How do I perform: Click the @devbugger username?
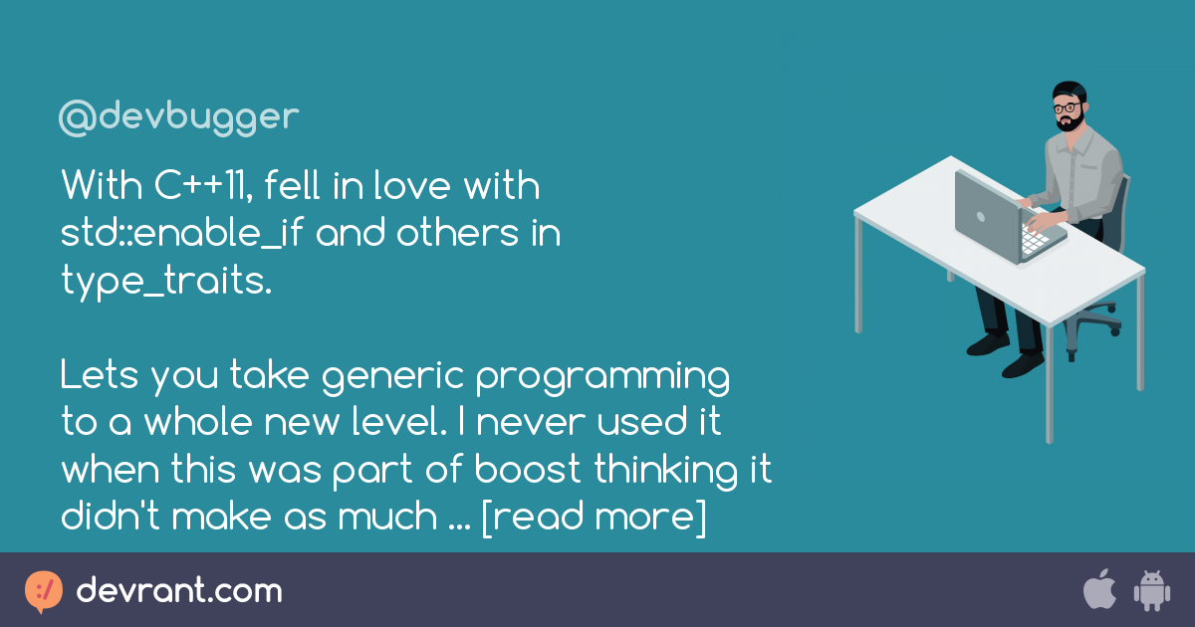coord(178,117)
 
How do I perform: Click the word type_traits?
coord(164,283)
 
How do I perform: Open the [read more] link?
coord(594,518)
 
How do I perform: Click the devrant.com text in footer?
coord(179,591)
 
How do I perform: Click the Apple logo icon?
coord(1098,590)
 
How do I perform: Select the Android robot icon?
coord(1150,591)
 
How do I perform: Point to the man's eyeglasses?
coord(1066,107)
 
